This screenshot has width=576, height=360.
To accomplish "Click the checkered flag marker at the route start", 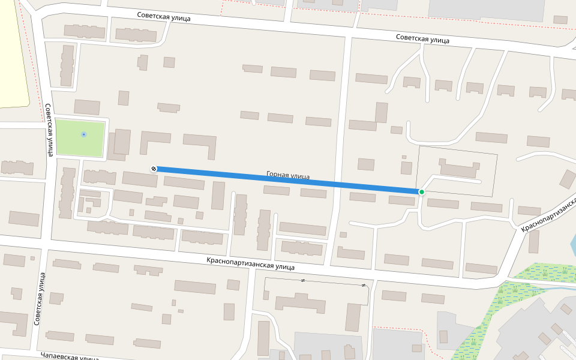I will [x=154, y=169].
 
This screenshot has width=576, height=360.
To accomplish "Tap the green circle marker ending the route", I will [x=422, y=192].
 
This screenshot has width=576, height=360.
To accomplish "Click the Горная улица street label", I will [x=288, y=176].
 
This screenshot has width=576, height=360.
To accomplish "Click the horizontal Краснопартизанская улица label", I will [x=250, y=263].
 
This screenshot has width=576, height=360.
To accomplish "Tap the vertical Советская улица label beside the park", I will [x=49, y=129].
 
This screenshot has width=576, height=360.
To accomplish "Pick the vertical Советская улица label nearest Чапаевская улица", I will [x=40, y=299].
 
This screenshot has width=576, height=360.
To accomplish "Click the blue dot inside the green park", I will [x=83, y=134].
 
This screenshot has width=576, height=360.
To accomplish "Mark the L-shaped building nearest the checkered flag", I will [x=155, y=142].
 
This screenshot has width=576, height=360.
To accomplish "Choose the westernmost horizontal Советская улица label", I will [x=163, y=17].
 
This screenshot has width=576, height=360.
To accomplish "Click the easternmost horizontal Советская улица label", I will [x=422, y=38].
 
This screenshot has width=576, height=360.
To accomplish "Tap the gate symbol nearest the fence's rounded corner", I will [x=364, y=285].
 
